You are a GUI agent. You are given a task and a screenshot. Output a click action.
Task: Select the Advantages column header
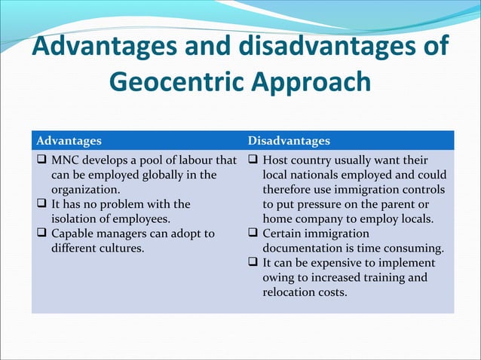[x=69, y=141]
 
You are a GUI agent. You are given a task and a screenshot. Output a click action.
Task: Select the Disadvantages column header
[x=289, y=141]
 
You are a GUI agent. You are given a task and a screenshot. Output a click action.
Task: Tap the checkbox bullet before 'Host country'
[x=253, y=160]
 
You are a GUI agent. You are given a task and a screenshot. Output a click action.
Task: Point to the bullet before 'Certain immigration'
[x=253, y=233]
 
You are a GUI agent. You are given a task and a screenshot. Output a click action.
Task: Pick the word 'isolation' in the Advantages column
[x=76, y=218]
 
